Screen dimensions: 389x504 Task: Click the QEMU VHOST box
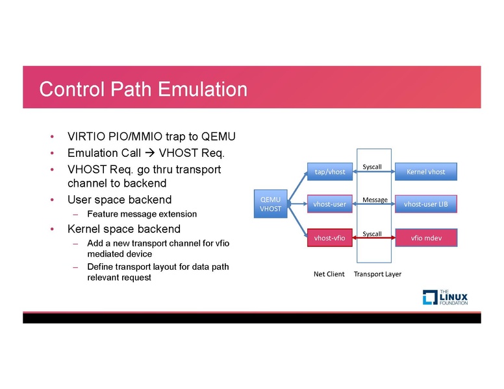coord(271,204)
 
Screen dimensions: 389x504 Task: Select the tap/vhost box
coord(329,172)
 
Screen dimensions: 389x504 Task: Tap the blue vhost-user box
coord(329,204)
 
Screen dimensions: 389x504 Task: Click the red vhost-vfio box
coord(329,238)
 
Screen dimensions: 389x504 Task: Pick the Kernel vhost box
coord(425,172)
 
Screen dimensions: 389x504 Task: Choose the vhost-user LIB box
coord(425,204)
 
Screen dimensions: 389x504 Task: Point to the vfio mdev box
coord(425,238)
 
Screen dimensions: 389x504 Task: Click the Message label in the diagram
coord(375,200)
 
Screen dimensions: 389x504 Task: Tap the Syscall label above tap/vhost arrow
coord(372,167)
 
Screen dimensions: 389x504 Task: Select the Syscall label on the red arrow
coord(372,233)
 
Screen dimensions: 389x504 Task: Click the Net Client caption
coord(329,274)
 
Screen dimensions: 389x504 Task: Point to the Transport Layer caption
coord(377,274)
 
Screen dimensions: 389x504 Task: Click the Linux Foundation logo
coord(445,298)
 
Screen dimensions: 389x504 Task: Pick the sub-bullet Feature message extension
coord(142,214)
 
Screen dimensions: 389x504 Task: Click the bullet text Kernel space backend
coord(124,230)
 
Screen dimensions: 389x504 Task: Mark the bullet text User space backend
coord(120,199)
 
